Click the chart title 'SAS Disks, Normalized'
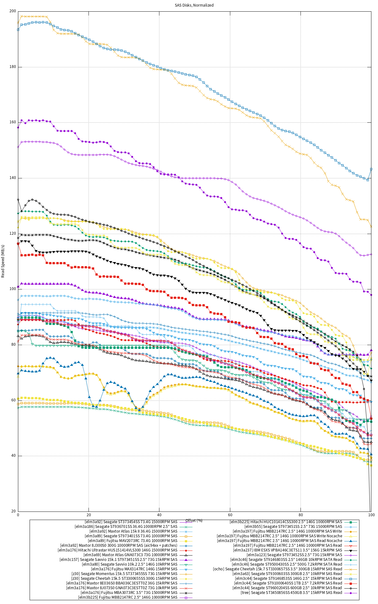pos(194,5)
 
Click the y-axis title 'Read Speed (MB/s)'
pos(3,261)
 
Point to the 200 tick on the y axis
pos(13,11)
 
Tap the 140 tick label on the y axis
pos(13,178)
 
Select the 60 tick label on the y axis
pos(14,400)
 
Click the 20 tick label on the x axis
pos(89,515)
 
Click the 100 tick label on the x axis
pos(371,515)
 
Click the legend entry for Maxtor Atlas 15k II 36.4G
pos(133,531)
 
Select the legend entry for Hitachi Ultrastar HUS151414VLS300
pos(117,550)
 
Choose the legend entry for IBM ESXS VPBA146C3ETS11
pos(287,550)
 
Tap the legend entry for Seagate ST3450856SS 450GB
pos(291,593)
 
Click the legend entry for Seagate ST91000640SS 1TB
pos(288,583)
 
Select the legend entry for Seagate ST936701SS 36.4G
pos(126,527)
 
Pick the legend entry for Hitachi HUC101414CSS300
pos(286,522)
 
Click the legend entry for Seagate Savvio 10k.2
pos(129,564)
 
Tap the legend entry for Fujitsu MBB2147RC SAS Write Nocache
pos(279,536)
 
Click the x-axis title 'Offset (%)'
pos(194,521)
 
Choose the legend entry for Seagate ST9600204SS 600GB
pos(287,588)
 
